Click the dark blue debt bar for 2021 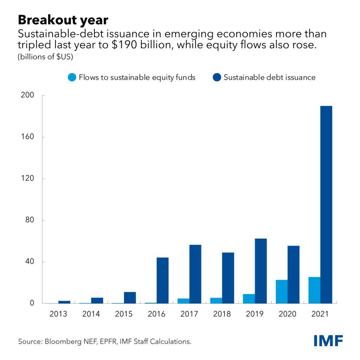coord(326,204)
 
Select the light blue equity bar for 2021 coord(314,290)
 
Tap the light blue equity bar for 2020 coord(282,291)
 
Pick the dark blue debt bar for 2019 coord(261,271)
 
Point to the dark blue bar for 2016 coord(162,280)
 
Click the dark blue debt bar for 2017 coord(195,274)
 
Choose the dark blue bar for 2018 coord(228,278)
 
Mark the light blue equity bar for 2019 coord(249,298)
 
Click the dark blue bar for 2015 coord(130,297)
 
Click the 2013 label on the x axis coord(58,314)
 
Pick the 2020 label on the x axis coord(288,314)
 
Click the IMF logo coord(328,340)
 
